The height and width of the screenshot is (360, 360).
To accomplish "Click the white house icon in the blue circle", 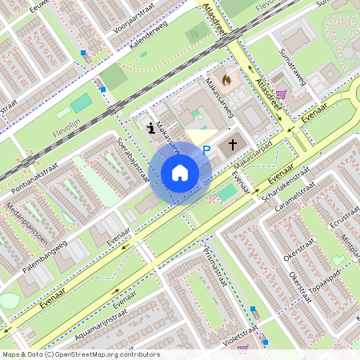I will coord(180,172).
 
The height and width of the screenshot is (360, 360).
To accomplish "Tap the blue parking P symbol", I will coord(206,149).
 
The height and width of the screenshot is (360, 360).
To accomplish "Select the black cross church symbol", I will coord(233,145).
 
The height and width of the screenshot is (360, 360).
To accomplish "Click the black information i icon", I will coord(151,126).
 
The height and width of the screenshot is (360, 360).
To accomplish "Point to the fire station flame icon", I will coord(226,79).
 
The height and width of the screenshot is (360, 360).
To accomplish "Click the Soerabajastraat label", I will coord(133,160).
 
